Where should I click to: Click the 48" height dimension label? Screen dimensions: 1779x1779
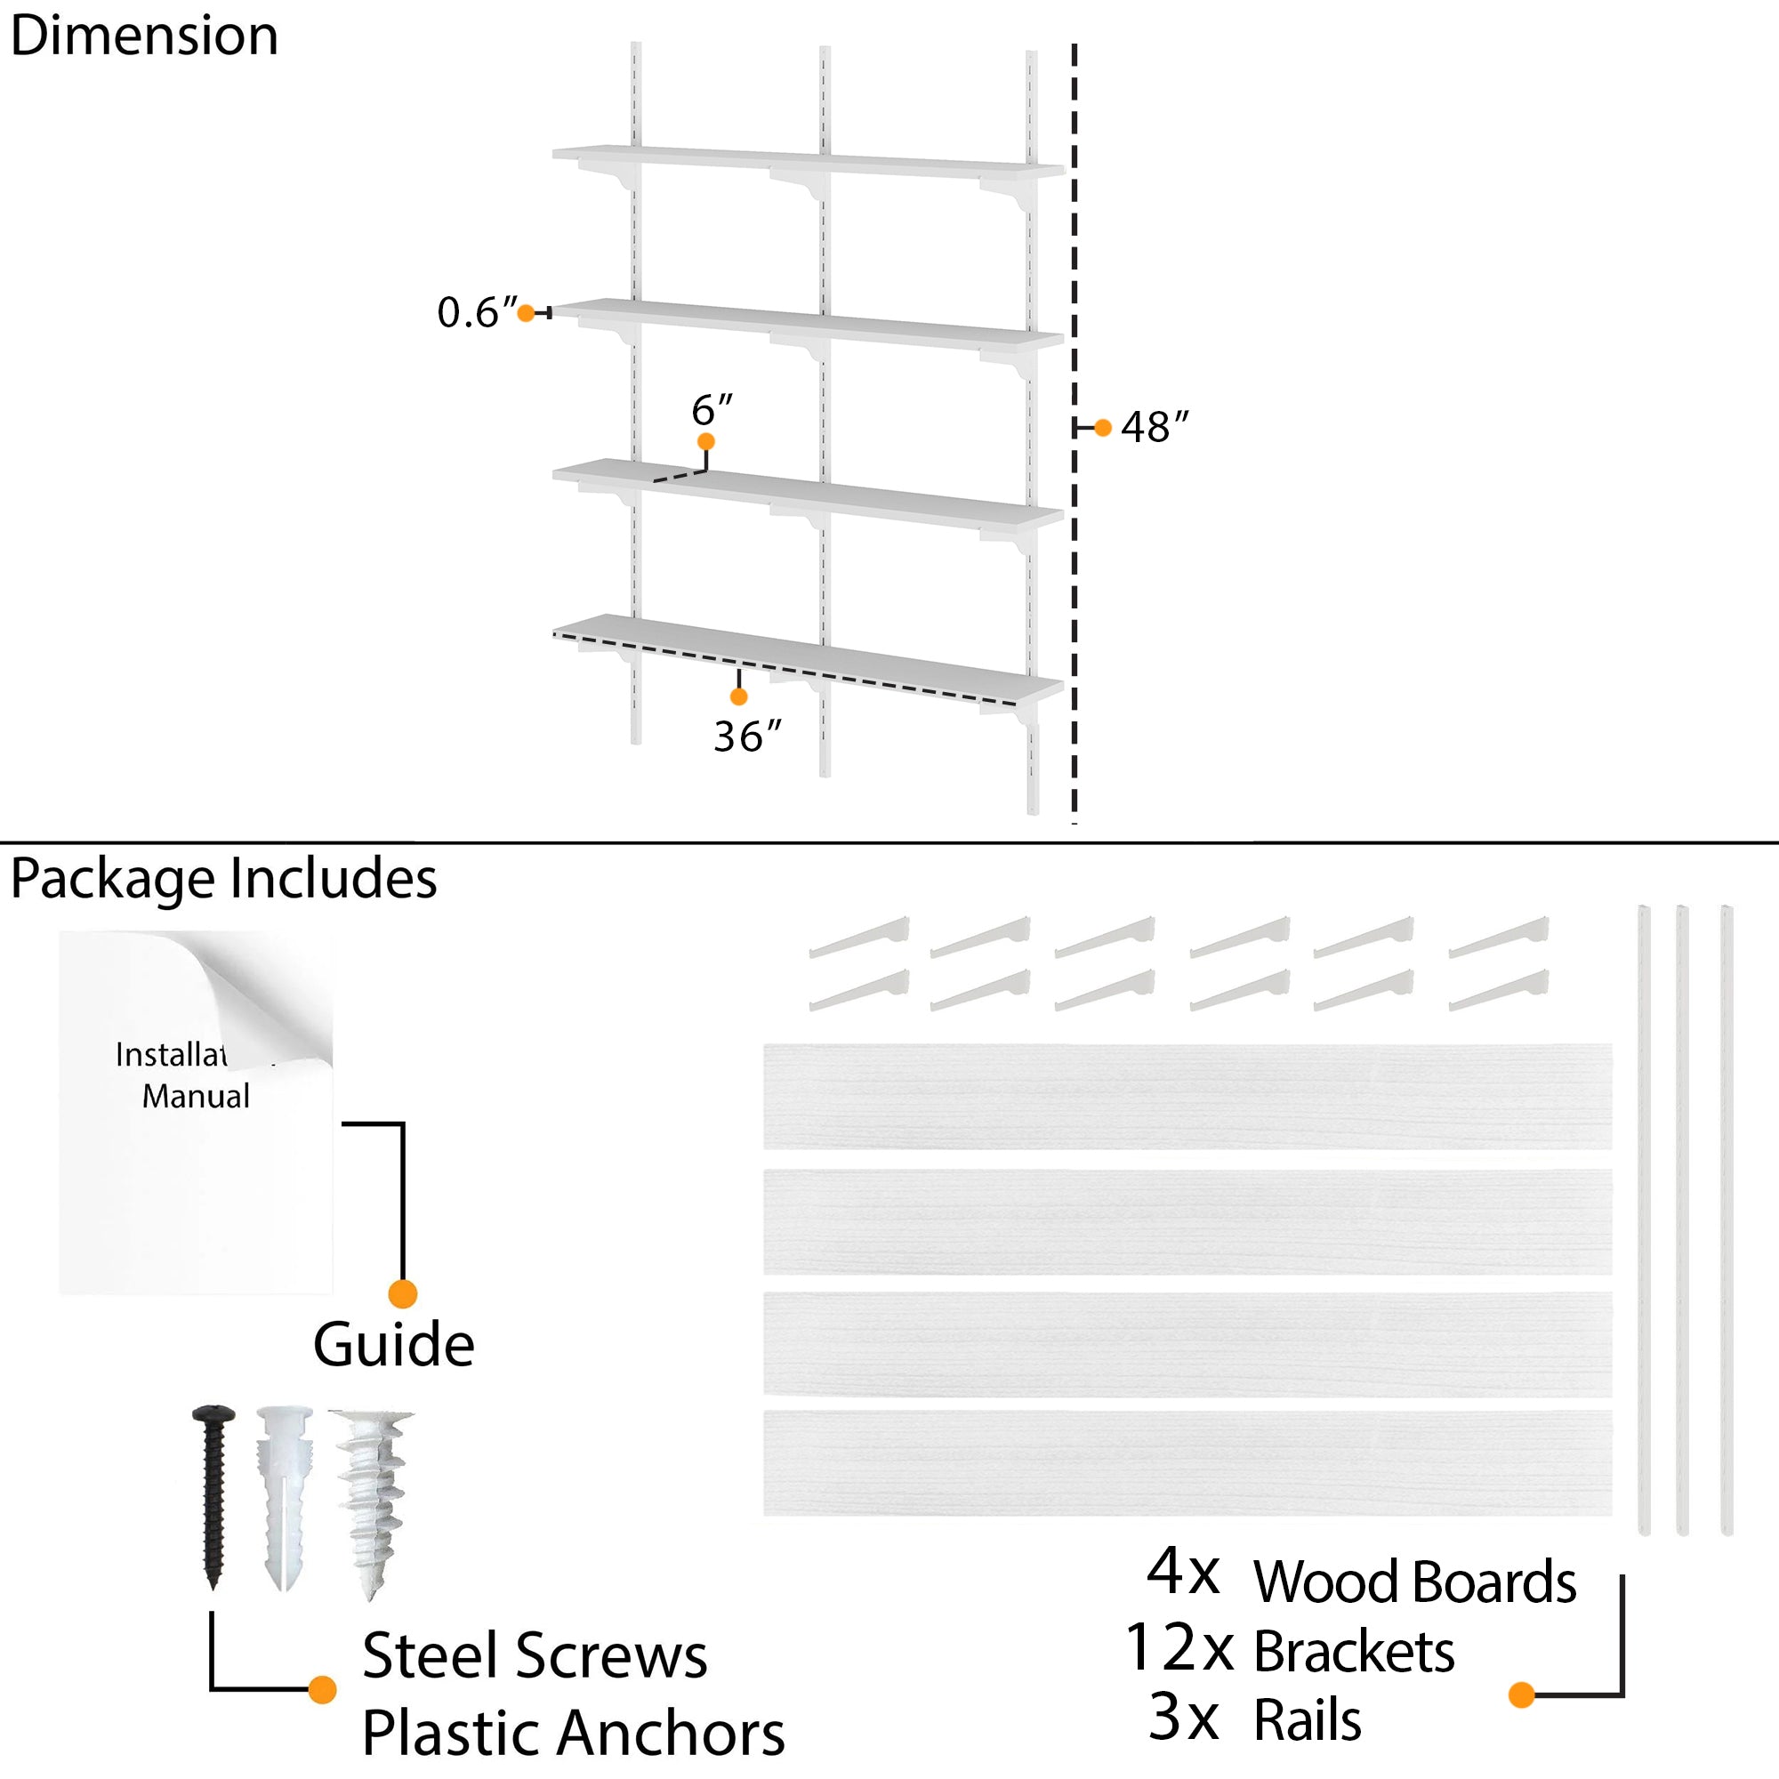1155,427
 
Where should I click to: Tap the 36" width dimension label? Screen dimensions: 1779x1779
747,737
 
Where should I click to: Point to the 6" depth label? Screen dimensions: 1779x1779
712,409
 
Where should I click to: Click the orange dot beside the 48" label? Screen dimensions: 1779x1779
1103,428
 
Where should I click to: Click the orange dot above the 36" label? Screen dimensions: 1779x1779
738,697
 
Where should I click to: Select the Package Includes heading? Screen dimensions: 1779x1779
224,879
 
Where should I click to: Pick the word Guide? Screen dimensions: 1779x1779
394,1345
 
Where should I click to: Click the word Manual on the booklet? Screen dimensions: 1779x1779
195,1097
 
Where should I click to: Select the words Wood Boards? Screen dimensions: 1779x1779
1414,1583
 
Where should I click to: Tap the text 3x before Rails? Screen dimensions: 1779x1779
1184,1718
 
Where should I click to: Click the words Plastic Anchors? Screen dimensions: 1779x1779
573,1734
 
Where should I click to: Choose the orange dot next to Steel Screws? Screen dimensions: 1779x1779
322,1690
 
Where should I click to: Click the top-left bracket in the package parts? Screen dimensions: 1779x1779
860,938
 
